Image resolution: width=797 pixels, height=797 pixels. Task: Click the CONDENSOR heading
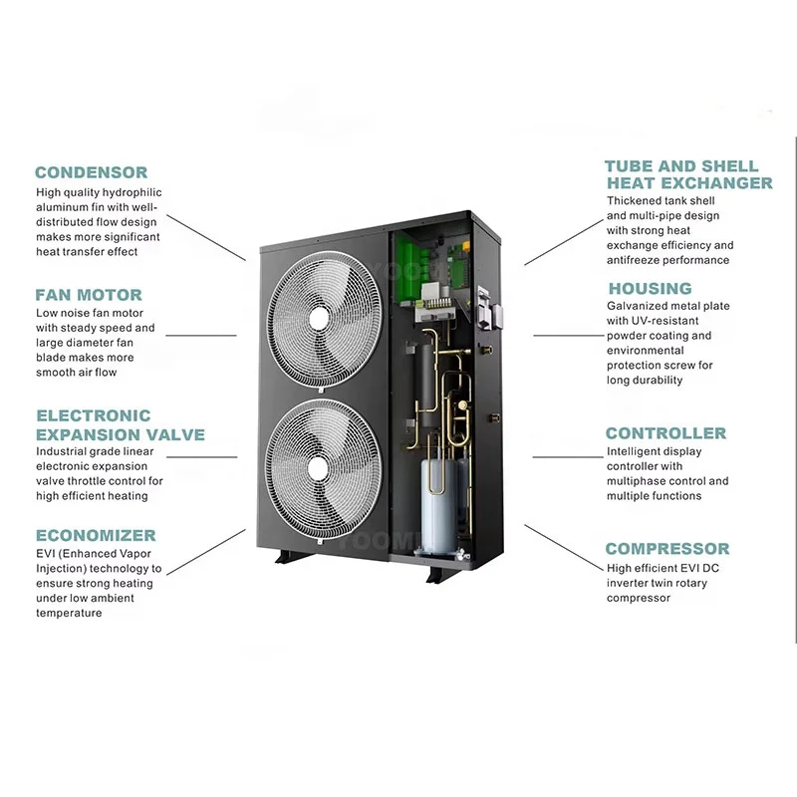point(92,172)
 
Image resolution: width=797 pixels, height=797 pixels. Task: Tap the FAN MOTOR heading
point(89,295)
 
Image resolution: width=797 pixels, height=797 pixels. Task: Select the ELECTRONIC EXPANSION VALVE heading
point(121,424)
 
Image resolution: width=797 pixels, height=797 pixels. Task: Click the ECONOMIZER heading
point(96,535)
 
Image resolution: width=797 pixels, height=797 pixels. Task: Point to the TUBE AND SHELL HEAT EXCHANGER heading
point(688,174)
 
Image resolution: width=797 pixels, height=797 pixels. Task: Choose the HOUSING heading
point(650,289)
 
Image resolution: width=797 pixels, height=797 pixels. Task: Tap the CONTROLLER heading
point(665,433)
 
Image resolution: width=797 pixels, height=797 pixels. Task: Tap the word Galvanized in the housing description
point(639,307)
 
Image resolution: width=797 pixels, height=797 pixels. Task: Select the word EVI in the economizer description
point(48,553)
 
